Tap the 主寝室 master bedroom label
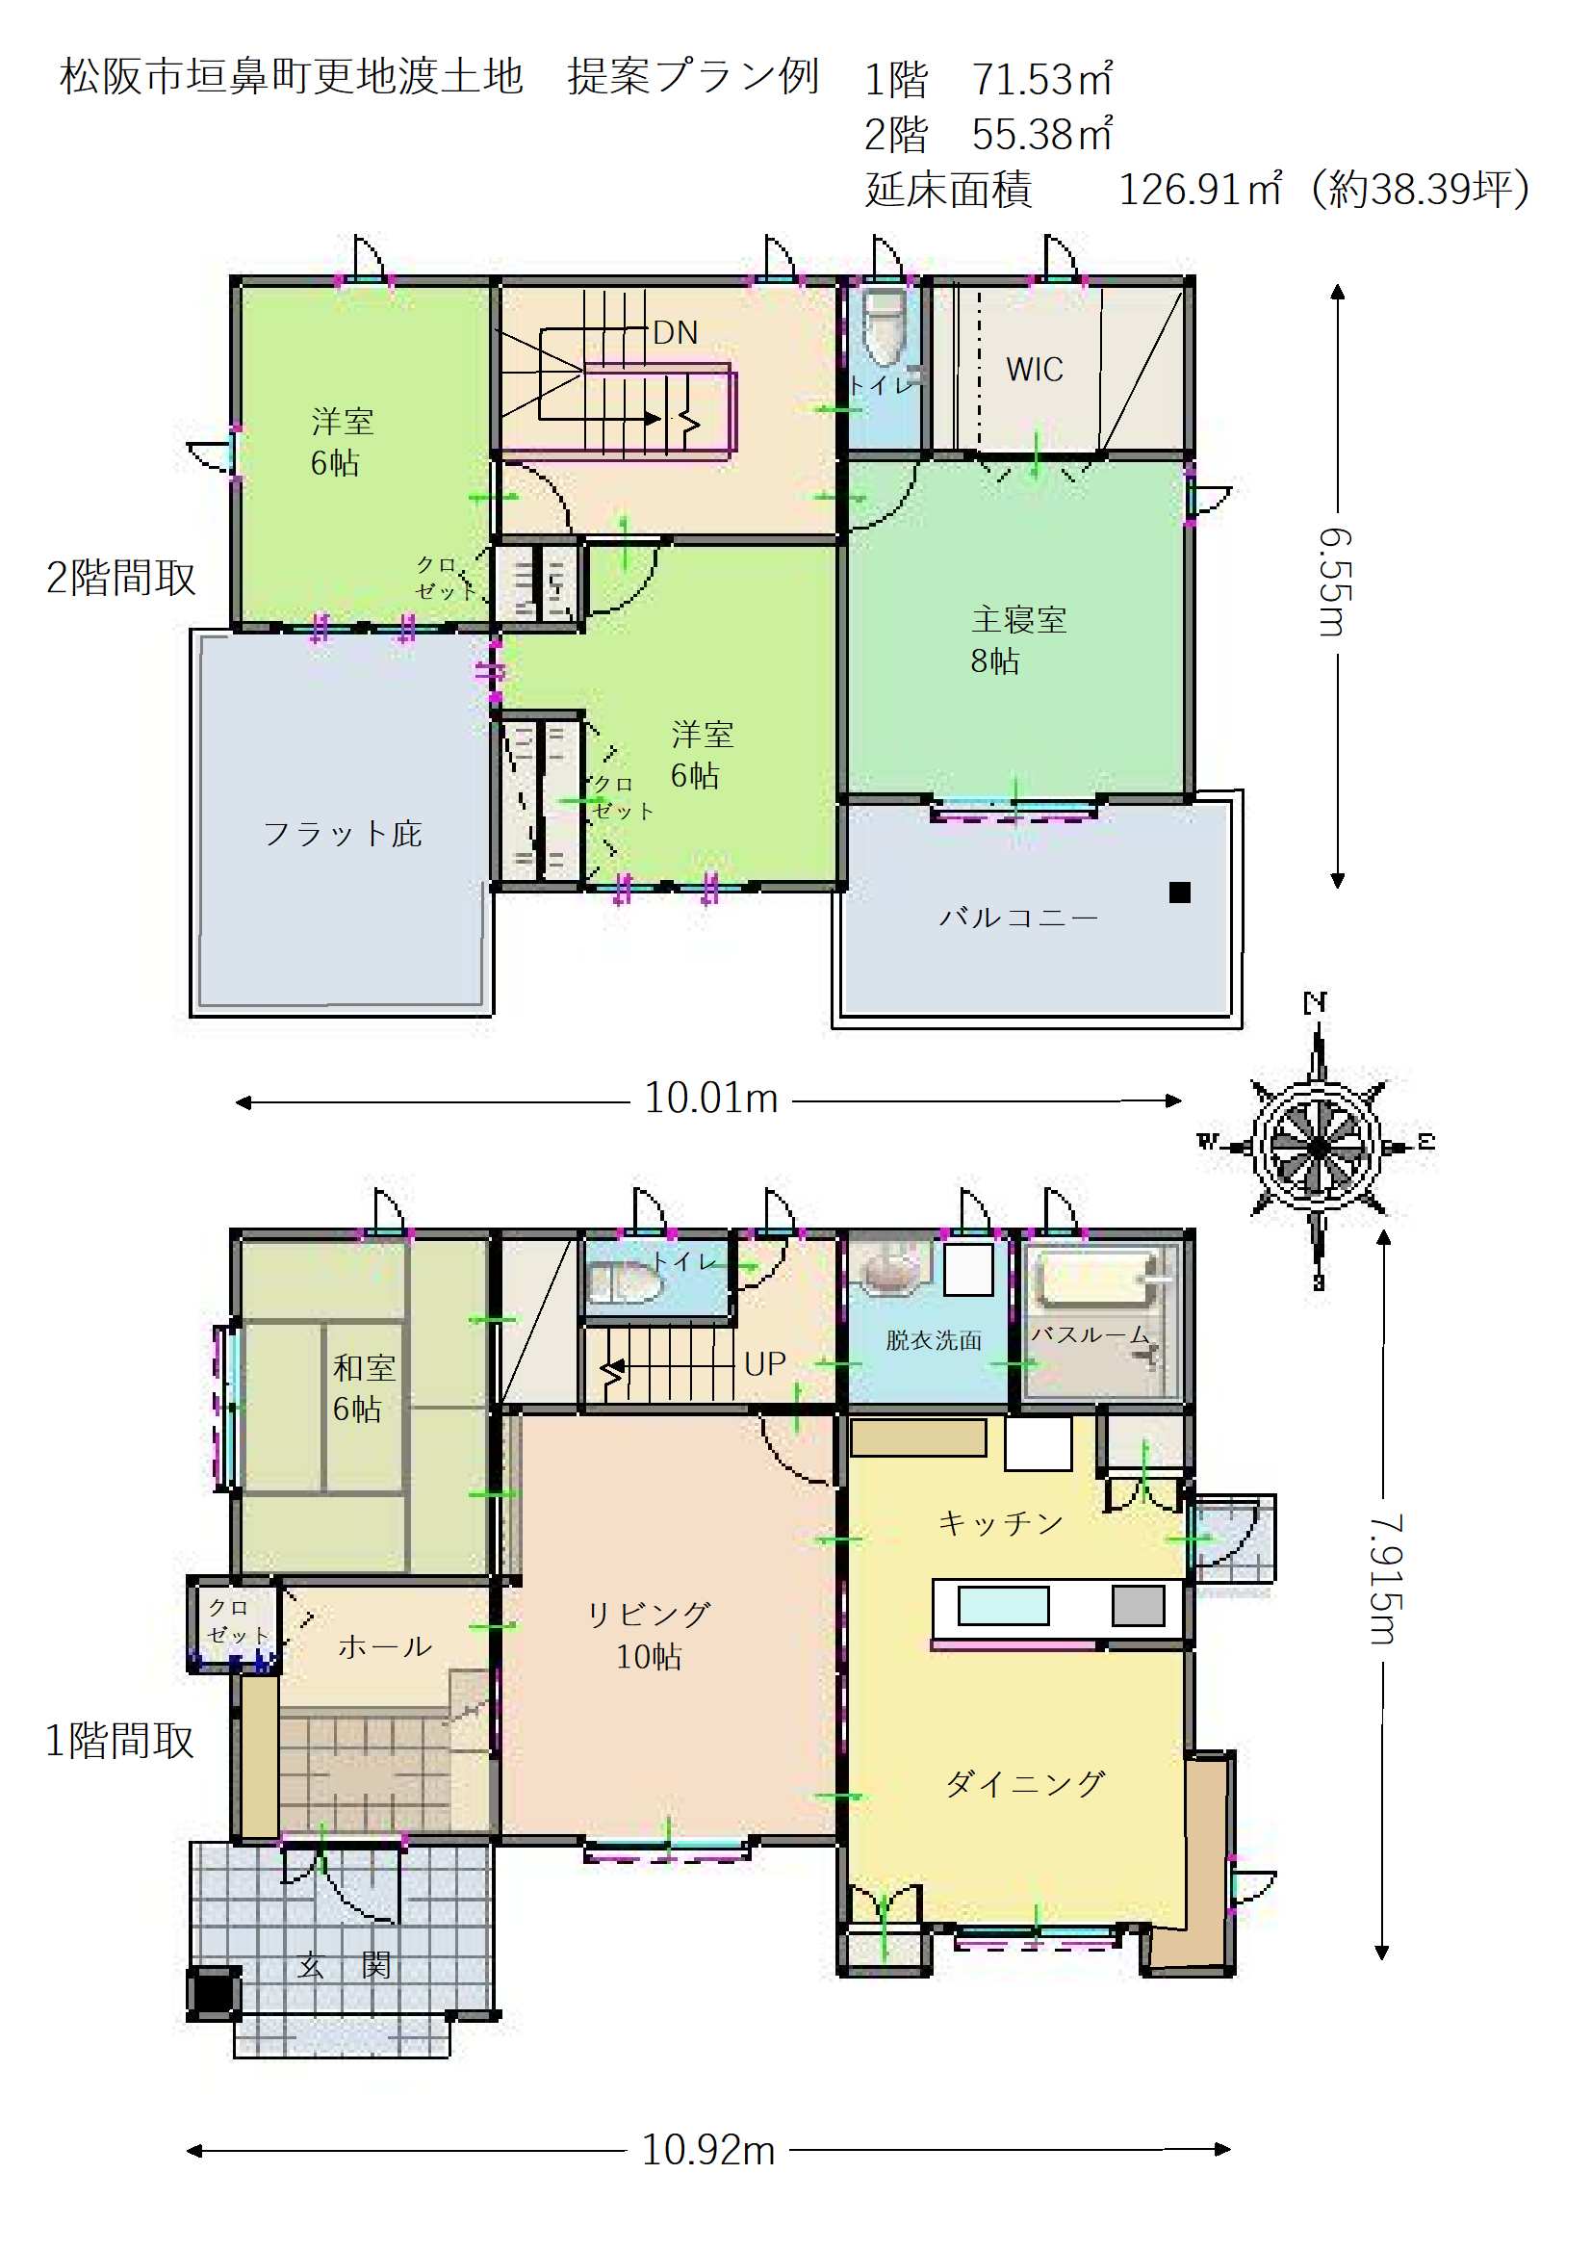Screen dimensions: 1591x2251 (1018, 619)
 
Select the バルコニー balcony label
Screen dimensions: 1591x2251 (1018, 917)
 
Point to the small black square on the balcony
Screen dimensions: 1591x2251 (1179, 893)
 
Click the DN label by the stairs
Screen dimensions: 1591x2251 (676, 333)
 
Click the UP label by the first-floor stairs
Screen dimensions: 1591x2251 (764, 1363)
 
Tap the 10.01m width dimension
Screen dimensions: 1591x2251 (710, 1098)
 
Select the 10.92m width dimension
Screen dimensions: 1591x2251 (707, 2150)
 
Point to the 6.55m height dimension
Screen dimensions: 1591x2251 (1336, 582)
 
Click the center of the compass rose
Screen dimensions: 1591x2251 (1319, 1145)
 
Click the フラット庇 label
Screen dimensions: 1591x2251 (342, 834)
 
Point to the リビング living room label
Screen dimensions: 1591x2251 (648, 1615)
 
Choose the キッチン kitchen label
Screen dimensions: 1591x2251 (1001, 1522)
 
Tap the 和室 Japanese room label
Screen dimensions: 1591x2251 (364, 1367)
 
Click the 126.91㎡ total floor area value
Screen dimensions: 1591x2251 (1201, 190)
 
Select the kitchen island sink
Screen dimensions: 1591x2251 (1003, 1606)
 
